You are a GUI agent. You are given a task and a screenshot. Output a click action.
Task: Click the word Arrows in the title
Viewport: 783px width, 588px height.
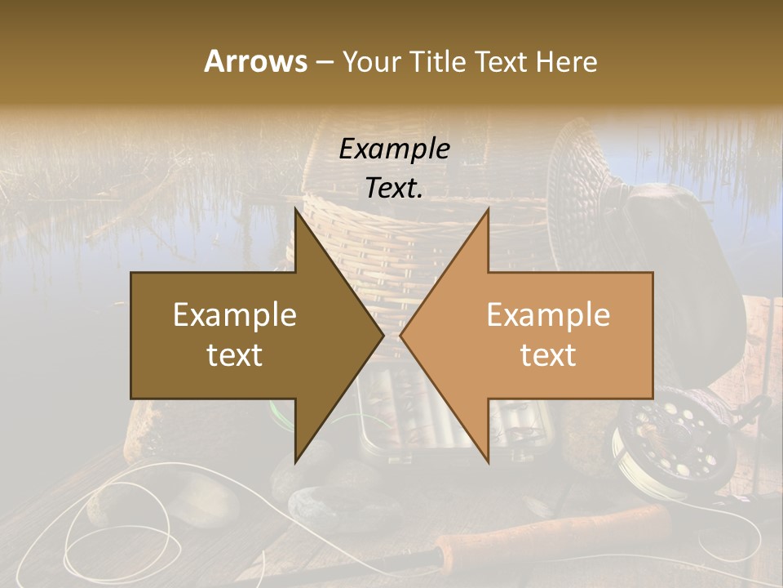tap(255, 61)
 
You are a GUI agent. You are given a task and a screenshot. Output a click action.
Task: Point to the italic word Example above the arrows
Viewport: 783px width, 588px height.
tap(395, 149)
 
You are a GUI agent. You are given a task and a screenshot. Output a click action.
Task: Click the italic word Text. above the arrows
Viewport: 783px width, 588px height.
tap(395, 188)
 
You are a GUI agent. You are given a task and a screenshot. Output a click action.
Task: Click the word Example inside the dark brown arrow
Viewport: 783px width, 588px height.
tap(235, 315)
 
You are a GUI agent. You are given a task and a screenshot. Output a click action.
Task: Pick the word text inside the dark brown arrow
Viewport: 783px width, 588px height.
tap(235, 355)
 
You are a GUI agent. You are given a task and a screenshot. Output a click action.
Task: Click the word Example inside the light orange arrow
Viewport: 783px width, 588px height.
tap(548, 315)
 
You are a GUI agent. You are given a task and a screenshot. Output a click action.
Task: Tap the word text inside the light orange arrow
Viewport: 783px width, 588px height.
tap(548, 355)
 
